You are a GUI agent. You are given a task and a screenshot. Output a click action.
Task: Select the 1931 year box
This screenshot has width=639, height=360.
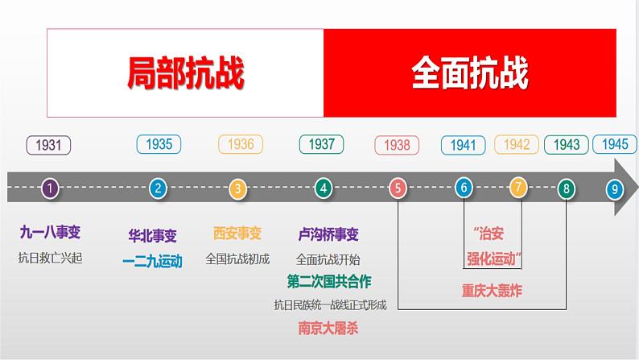(49, 146)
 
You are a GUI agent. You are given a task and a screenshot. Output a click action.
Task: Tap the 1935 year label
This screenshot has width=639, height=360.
(159, 144)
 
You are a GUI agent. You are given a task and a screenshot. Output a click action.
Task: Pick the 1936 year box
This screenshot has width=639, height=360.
(241, 144)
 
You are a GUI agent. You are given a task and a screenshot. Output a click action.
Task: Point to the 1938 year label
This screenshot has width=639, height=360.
(398, 146)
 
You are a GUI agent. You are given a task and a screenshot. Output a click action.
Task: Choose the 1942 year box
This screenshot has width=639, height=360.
(517, 144)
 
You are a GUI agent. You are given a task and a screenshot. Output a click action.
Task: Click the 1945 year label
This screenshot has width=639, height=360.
(615, 144)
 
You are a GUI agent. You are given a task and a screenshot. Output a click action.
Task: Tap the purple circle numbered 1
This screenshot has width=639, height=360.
(50, 188)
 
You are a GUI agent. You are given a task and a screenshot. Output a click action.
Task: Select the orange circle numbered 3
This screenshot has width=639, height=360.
(237, 189)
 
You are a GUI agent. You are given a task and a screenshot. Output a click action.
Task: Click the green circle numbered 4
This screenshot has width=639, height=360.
(323, 188)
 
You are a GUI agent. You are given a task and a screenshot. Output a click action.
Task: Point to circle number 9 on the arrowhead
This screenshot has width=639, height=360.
(615, 189)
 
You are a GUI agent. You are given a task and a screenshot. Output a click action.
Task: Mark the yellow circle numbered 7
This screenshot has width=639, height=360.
(518, 188)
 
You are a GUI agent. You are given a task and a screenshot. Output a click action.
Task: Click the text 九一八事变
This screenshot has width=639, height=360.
(50, 233)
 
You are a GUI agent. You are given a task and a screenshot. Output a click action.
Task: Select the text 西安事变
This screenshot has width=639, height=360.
(237, 234)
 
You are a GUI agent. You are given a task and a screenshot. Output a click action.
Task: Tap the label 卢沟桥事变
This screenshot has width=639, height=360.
(328, 234)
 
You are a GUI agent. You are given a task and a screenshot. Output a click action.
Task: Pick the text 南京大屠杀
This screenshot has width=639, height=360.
(328, 328)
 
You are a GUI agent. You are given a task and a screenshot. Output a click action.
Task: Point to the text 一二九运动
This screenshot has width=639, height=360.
(153, 260)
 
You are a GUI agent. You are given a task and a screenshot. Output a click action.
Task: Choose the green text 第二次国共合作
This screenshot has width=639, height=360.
(329, 281)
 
